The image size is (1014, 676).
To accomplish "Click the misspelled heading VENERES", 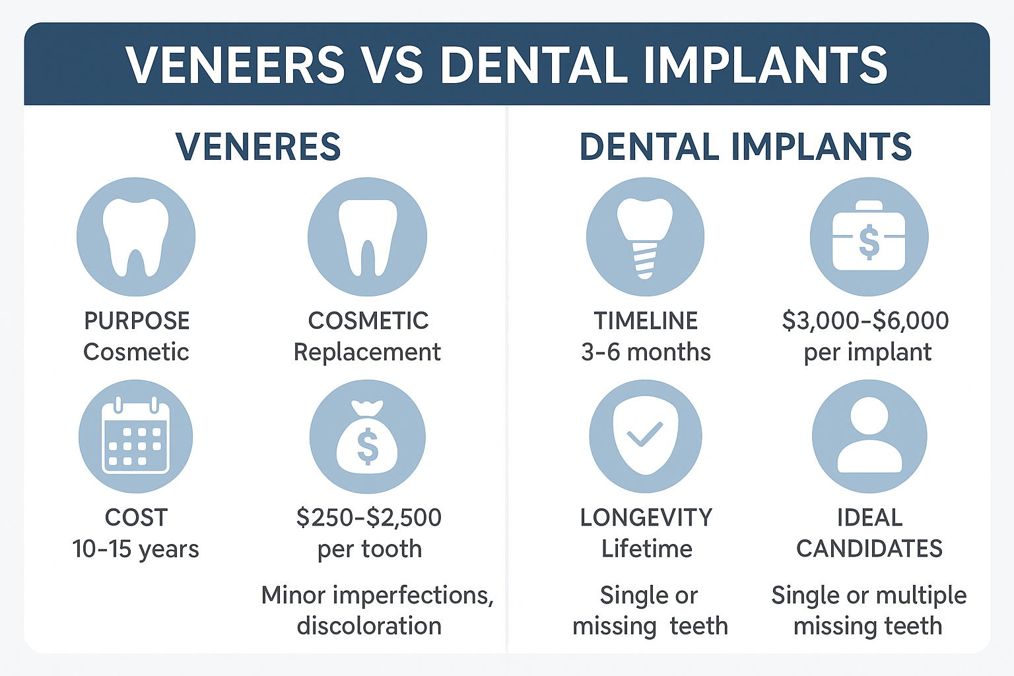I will click(258, 147).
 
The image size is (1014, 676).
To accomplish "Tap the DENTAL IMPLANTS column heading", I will click(745, 147).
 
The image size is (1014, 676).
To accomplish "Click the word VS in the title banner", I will click(393, 65).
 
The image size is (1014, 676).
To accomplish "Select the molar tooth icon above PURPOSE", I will click(136, 236).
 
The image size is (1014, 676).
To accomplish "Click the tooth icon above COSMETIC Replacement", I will click(367, 236).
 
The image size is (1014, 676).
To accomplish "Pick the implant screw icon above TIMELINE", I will click(645, 236).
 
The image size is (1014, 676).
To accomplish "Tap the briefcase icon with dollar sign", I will click(869, 236).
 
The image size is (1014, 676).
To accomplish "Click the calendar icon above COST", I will click(136, 436).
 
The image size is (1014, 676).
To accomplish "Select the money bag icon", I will click(367, 436).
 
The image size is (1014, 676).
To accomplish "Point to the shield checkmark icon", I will click(645, 436).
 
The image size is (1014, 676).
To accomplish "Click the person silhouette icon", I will click(869, 436).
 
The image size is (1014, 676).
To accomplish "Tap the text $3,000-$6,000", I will click(865, 321).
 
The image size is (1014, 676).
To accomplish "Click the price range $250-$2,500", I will click(369, 518).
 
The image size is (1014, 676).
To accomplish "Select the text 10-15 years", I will click(135, 549).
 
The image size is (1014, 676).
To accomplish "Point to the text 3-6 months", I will click(646, 353).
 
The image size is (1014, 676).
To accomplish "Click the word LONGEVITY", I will click(646, 518).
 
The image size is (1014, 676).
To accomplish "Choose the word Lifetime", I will click(646, 549).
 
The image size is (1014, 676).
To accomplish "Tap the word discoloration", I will click(369, 626).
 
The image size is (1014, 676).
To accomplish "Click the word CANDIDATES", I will click(869, 549).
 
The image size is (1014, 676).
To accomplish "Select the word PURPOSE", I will click(137, 321).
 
